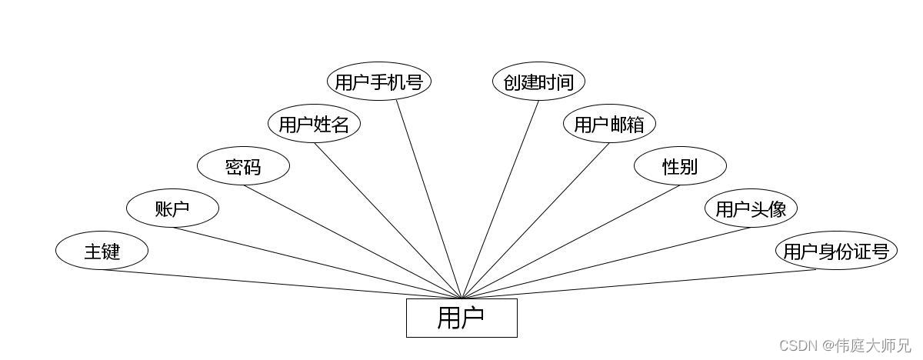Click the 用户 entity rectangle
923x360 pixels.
tap(461, 318)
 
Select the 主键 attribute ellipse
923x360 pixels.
tap(102, 251)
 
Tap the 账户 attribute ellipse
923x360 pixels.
tap(172, 208)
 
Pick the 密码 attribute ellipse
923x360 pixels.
tap(243, 166)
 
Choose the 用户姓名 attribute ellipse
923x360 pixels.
tap(314, 124)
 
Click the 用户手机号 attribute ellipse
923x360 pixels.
tap(379, 82)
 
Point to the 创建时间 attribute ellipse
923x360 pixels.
tap(538, 82)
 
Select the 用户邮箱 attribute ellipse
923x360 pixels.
tap(609, 124)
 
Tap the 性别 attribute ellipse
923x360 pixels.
tap(680, 166)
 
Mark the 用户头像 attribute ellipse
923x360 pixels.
tap(751, 208)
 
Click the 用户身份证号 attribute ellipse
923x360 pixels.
tap(836, 251)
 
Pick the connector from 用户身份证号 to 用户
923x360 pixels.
tap(638, 284)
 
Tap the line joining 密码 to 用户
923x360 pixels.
tap(354, 242)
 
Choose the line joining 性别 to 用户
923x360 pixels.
tap(571, 242)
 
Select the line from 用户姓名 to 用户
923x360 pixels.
tap(388, 221)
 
